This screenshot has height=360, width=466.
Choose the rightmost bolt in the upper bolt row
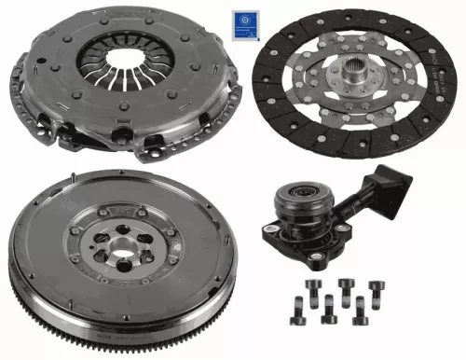pyautogui.click(x=377, y=288)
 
